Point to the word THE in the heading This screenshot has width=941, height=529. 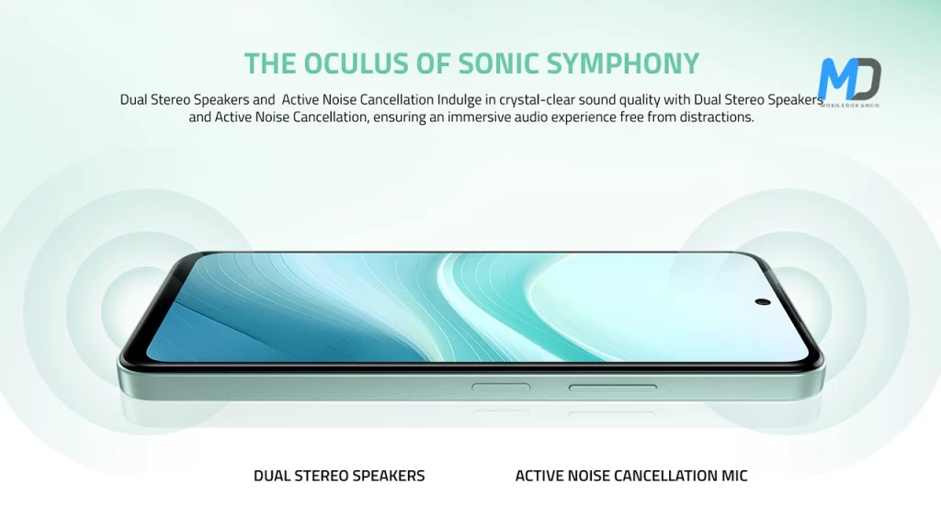coord(269,63)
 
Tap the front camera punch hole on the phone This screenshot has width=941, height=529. coord(763,301)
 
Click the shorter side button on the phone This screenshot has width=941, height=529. coord(501,388)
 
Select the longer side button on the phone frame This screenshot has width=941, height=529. coord(613,388)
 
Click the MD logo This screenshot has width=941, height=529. coord(849,79)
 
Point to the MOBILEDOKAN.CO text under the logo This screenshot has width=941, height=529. coord(849,105)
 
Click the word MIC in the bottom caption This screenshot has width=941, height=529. coord(734,476)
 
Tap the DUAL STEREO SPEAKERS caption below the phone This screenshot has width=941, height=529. coord(339,476)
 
